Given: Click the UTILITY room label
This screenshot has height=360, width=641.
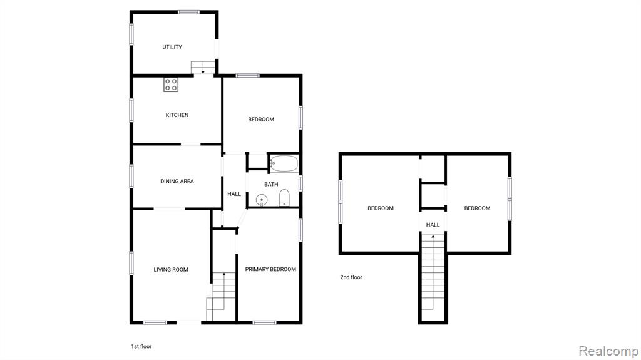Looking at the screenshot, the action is pyautogui.click(x=172, y=47).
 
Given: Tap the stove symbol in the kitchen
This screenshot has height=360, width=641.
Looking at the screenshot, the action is pyautogui.click(x=171, y=85).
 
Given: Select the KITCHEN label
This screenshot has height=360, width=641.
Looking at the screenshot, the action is pyautogui.click(x=177, y=115).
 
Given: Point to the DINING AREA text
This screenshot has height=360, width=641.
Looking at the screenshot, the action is pyautogui.click(x=177, y=181).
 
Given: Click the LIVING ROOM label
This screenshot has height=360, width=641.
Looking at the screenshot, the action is pyautogui.click(x=171, y=270).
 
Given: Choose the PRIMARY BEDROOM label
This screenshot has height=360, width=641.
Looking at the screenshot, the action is pyautogui.click(x=270, y=269).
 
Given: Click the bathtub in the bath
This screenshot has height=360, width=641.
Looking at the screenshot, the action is pyautogui.click(x=284, y=163).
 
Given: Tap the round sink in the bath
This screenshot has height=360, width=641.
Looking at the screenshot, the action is pyautogui.click(x=262, y=200).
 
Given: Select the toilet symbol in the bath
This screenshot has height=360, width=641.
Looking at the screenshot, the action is pyautogui.click(x=285, y=198).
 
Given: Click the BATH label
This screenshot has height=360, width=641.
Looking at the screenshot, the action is pyautogui.click(x=271, y=185).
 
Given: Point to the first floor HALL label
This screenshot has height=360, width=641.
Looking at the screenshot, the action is pyautogui.click(x=234, y=194).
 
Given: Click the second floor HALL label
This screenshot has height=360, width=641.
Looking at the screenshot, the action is pyautogui.click(x=433, y=225).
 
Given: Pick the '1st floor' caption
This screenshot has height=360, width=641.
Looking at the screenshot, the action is pyautogui.click(x=141, y=346).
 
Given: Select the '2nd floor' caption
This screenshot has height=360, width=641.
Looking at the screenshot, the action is pyautogui.click(x=351, y=277).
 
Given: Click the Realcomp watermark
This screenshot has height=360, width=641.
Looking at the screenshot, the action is pyautogui.click(x=608, y=351).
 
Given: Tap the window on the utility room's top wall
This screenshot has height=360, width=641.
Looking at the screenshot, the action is pyautogui.click(x=188, y=13).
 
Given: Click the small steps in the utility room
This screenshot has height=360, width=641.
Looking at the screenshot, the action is pyautogui.click(x=203, y=68).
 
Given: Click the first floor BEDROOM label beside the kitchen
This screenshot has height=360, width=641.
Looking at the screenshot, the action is pyautogui.click(x=261, y=120).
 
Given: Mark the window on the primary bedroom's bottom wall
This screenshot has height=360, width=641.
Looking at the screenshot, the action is pyautogui.click(x=265, y=323).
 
